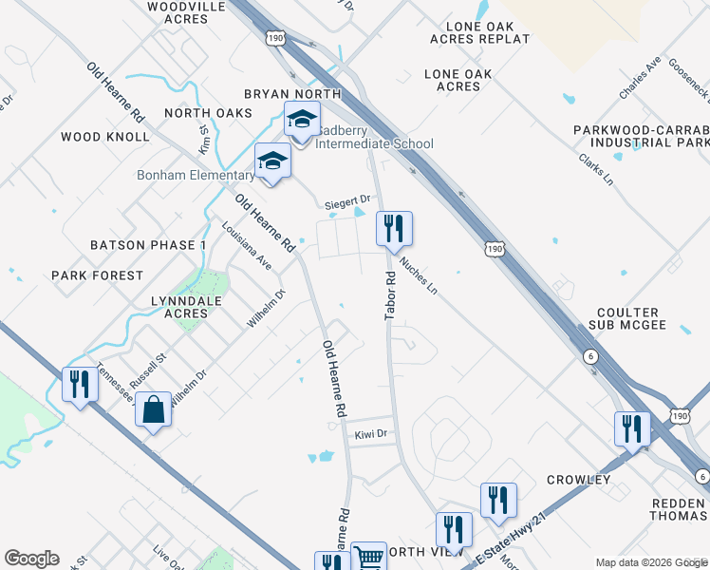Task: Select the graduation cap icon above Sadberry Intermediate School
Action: click(302, 122)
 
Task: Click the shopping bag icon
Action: click(153, 410)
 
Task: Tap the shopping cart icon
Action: click(368, 558)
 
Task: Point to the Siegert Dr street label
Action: click(346, 201)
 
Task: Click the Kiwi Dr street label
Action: click(371, 434)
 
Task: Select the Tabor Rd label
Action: click(390, 295)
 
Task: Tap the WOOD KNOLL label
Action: click(105, 137)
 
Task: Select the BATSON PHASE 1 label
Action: click(148, 245)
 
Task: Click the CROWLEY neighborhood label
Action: click(578, 480)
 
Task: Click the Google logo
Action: click(31, 558)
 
